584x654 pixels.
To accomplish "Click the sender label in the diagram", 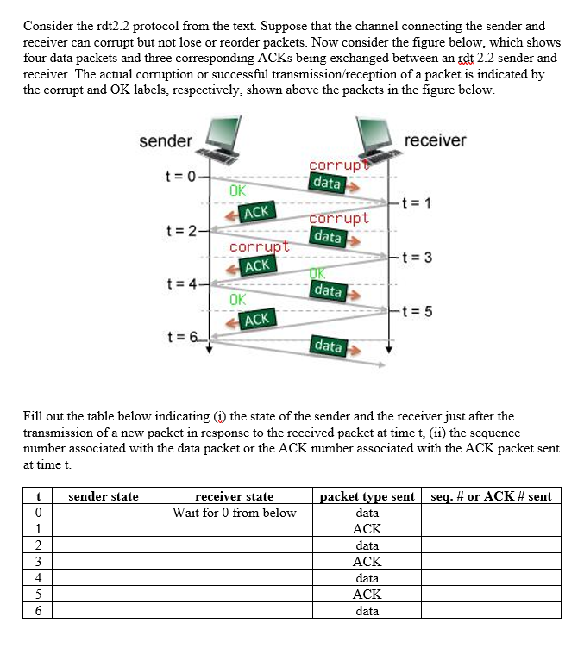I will click(x=166, y=140).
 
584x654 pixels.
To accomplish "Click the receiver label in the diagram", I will click(x=434, y=140).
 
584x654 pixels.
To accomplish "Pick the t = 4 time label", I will click(x=181, y=283).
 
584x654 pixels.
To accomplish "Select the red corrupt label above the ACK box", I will click(x=259, y=248).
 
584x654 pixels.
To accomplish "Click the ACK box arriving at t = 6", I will click(x=256, y=320).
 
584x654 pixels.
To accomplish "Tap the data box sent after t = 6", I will click(x=328, y=346).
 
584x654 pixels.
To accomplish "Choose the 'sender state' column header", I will click(x=103, y=496).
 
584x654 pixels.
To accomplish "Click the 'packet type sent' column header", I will click(x=367, y=496).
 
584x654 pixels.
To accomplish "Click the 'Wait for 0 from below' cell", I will click(x=234, y=513).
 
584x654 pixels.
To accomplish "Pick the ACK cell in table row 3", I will click(x=367, y=562).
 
